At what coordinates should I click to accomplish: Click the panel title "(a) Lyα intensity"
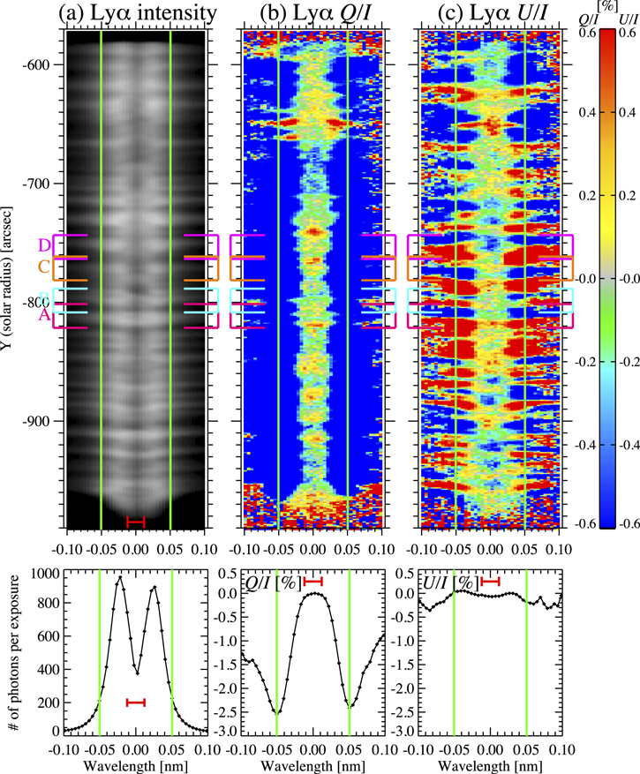(x=135, y=12)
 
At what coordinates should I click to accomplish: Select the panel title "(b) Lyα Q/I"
(x=312, y=12)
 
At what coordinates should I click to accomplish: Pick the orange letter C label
(x=43, y=267)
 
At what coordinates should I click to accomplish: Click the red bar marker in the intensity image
(x=135, y=522)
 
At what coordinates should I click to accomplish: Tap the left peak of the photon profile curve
(x=121, y=577)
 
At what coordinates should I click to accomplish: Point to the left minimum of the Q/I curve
(x=277, y=711)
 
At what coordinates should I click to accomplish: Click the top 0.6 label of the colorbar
(x=584, y=31)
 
